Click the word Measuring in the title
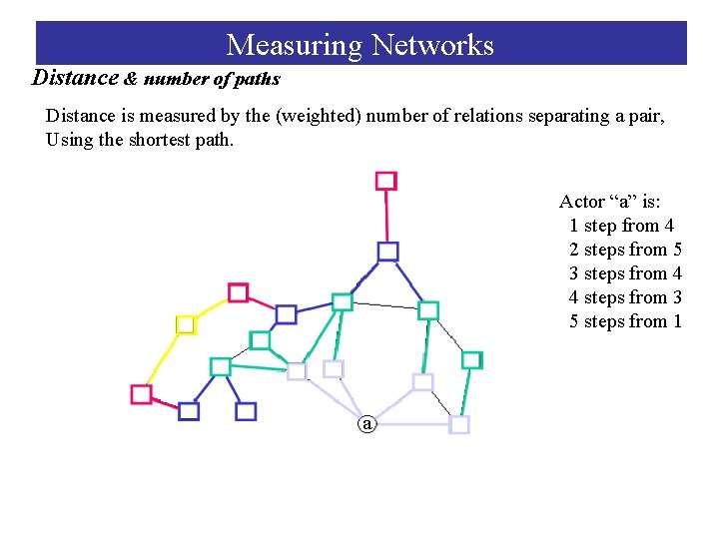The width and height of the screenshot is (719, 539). [x=295, y=45]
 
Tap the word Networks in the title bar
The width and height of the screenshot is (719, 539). [x=432, y=45]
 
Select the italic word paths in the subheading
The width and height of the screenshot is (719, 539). [x=256, y=79]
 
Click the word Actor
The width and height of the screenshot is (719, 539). [x=581, y=202]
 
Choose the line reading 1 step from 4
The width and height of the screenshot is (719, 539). [x=621, y=226]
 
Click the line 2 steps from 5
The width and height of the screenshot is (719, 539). [x=625, y=250]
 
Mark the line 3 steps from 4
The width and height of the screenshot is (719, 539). [x=625, y=273]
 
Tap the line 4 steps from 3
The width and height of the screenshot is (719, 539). [x=625, y=297]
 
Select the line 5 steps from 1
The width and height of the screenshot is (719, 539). [x=625, y=321]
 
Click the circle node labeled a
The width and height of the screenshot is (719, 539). [x=367, y=424]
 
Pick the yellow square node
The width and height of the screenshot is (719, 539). [x=185, y=324]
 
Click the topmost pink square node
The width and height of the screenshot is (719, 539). [x=385, y=181]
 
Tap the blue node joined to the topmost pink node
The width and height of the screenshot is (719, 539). [x=387, y=252]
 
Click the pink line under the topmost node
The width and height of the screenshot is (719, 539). [x=386, y=216]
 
